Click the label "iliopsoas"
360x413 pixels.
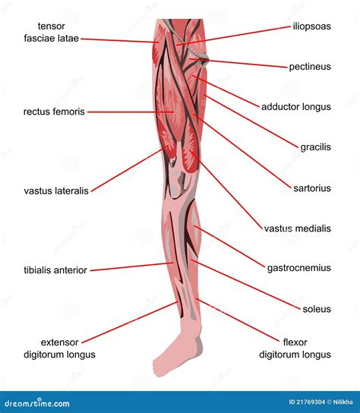click(x=311, y=27)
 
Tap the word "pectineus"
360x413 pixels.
click(x=310, y=67)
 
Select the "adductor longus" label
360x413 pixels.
click(x=296, y=107)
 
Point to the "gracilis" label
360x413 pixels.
click(x=315, y=147)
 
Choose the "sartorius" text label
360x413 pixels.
click(x=312, y=188)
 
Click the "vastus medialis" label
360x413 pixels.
click(x=298, y=229)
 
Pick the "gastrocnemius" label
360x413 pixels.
click(x=299, y=268)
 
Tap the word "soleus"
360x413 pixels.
click(x=317, y=309)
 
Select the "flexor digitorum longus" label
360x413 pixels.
click(x=295, y=348)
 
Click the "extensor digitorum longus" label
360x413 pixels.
click(x=59, y=348)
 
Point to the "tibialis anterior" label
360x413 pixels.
click(x=55, y=270)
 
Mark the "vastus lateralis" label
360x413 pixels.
click(x=56, y=191)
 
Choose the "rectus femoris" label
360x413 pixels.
click(x=54, y=112)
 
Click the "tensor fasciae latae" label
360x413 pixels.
click(x=52, y=32)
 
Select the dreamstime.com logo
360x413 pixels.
click(x=37, y=402)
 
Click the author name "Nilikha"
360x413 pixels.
click(x=343, y=402)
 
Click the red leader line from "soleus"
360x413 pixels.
click(x=245, y=285)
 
